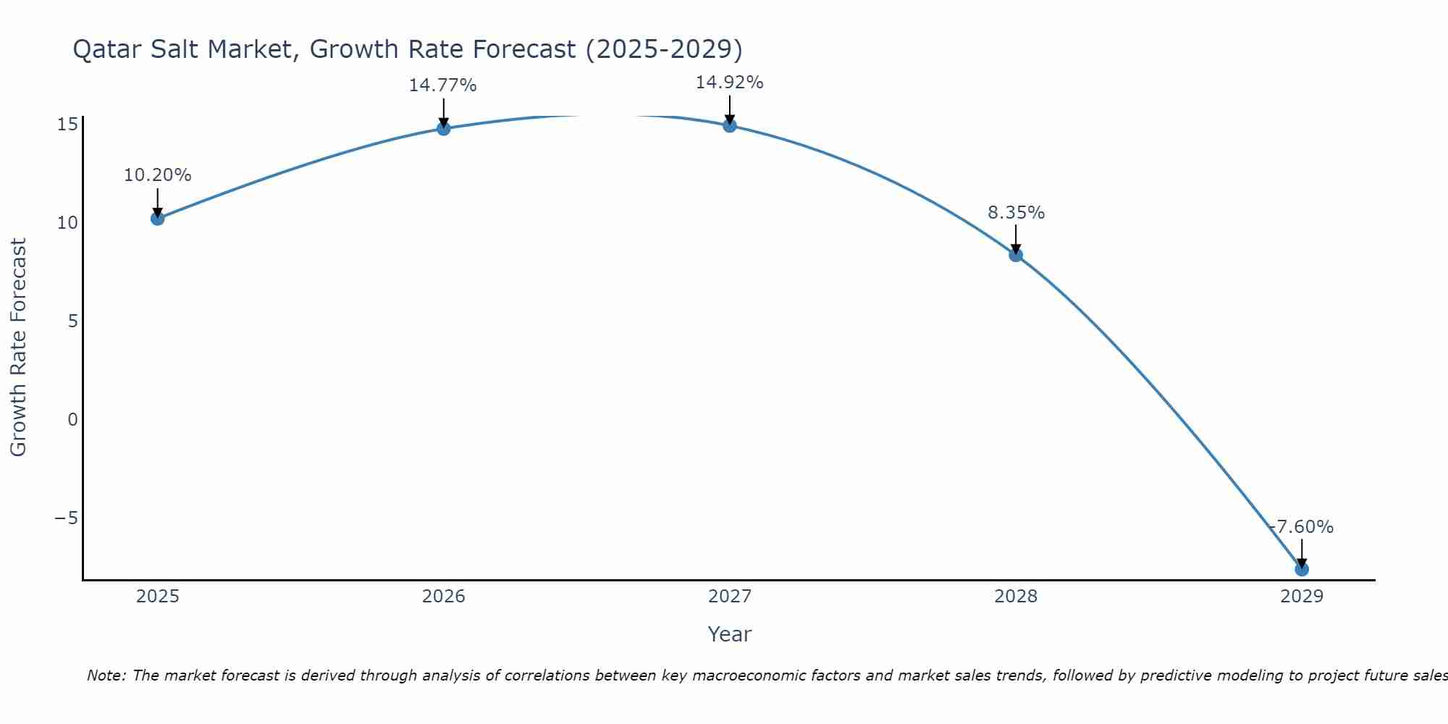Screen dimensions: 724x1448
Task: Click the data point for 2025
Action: (158, 218)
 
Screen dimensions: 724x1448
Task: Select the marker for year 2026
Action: (444, 128)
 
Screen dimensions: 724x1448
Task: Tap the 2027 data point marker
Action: (730, 125)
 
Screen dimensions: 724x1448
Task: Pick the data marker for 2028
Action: (1016, 255)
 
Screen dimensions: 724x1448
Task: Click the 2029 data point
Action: (1302, 569)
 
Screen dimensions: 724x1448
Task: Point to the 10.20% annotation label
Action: (158, 175)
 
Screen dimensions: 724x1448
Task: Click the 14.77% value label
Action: (443, 85)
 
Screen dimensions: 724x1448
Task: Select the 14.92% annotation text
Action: (730, 83)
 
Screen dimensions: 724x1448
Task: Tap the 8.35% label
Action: (1016, 213)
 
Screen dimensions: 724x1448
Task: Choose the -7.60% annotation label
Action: (1302, 527)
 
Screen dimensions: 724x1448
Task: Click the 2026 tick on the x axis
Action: (444, 597)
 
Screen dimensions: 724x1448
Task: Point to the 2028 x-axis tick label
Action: (1016, 597)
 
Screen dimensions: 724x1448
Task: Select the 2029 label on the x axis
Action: (1302, 597)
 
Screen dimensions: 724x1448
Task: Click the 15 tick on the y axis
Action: (67, 125)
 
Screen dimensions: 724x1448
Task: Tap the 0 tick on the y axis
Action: (72, 420)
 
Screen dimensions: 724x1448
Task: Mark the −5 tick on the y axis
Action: (66, 518)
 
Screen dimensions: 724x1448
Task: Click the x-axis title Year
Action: (730, 634)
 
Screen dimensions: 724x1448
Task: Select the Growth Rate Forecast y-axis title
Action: (18, 348)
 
